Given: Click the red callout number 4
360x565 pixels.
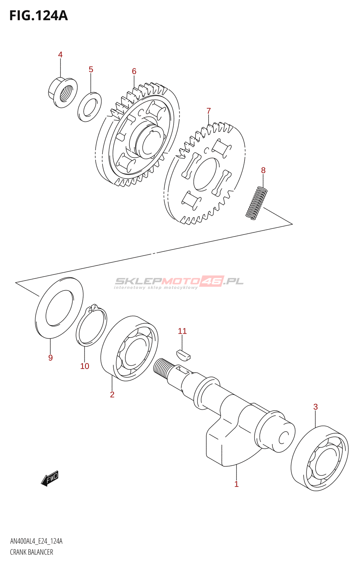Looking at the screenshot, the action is pyautogui.click(x=60, y=54).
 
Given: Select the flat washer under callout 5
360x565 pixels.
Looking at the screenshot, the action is pyautogui.click(x=90, y=107).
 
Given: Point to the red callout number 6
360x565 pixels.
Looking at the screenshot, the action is pyautogui.click(x=134, y=71).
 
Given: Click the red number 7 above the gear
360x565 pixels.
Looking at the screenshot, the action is pyautogui.click(x=209, y=111).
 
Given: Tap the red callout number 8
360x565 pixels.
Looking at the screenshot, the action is pyautogui.click(x=263, y=170).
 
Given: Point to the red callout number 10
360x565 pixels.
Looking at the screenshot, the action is pyautogui.click(x=85, y=366).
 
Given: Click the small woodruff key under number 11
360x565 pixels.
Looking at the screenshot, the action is pyautogui.click(x=183, y=355).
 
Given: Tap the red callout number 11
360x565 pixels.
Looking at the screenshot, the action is pyautogui.click(x=182, y=331).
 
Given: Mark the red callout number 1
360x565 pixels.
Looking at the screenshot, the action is pyautogui.click(x=236, y=484).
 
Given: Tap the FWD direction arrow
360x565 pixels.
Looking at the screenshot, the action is pyautogui.click(x=50, y=478).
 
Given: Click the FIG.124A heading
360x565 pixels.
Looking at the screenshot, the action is pyautogui.click(x=38, y=16).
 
